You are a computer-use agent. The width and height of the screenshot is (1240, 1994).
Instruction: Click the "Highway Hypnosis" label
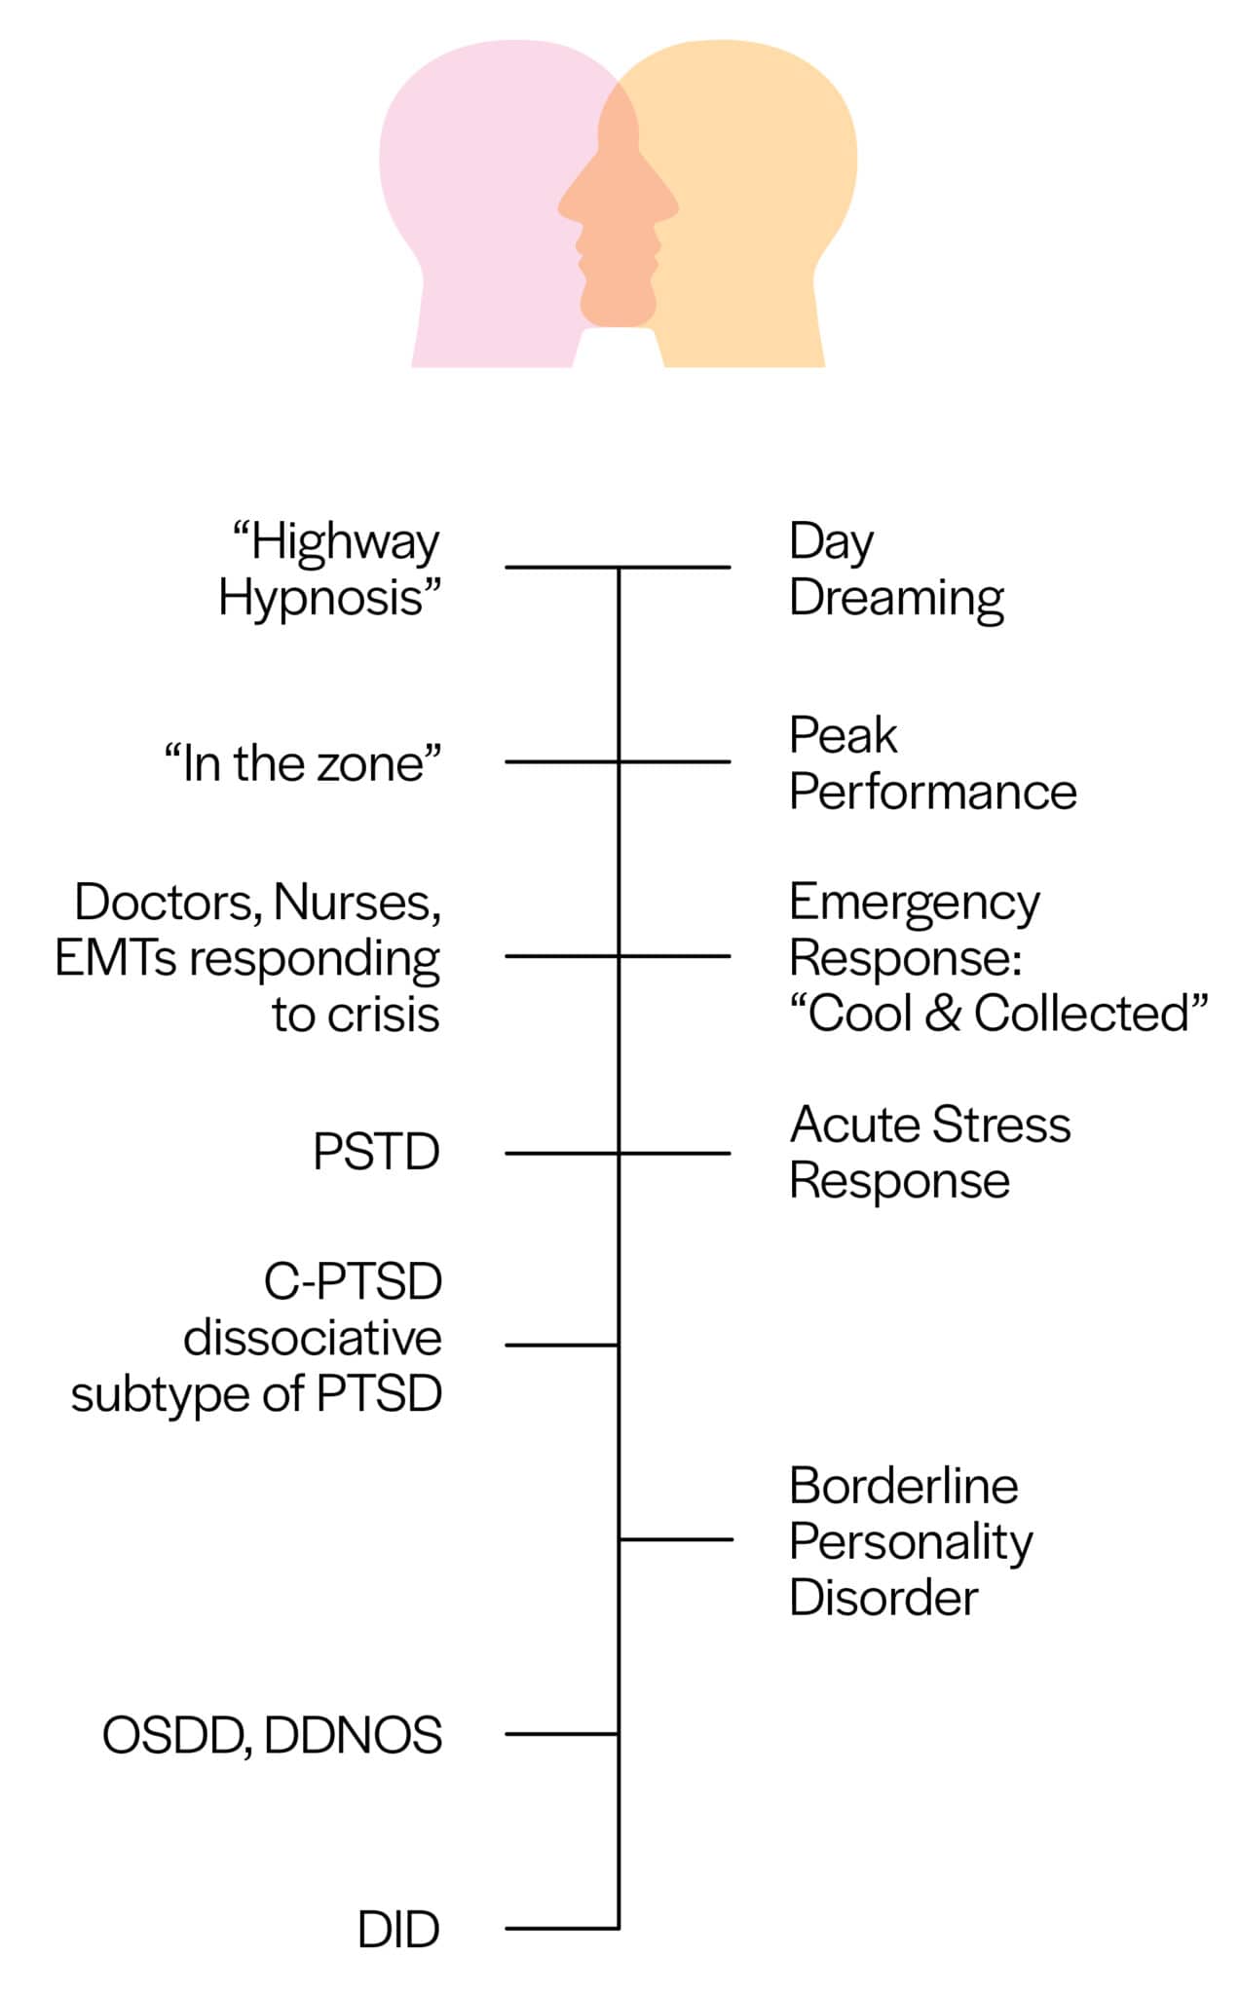329,570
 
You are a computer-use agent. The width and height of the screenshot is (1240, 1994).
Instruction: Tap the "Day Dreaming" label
894,570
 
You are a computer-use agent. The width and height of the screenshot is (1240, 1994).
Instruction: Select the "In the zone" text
302,763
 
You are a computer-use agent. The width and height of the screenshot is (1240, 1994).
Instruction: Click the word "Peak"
843,736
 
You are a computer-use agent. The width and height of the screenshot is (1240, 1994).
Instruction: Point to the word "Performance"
932,792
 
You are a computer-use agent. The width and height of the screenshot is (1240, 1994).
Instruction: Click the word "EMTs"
117,958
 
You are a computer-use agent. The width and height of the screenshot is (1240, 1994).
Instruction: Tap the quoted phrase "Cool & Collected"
998,1014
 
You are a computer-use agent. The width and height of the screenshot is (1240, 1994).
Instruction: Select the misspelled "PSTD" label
376,1153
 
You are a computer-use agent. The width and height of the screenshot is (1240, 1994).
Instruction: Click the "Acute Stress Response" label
929,1153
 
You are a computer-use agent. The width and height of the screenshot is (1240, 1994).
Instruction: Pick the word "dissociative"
313,1338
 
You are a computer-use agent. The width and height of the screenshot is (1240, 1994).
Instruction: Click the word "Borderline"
903,1487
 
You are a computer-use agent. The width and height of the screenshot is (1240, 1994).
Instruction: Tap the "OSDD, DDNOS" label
272,1736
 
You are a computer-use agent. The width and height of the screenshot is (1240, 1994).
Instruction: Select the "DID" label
398,1930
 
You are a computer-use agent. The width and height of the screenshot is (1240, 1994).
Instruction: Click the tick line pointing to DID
561,1928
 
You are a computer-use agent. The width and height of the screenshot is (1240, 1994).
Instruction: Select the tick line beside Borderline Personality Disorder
676,1539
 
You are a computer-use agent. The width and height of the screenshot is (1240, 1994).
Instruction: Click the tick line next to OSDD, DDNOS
561,1734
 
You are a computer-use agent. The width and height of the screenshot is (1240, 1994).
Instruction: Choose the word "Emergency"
914,904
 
